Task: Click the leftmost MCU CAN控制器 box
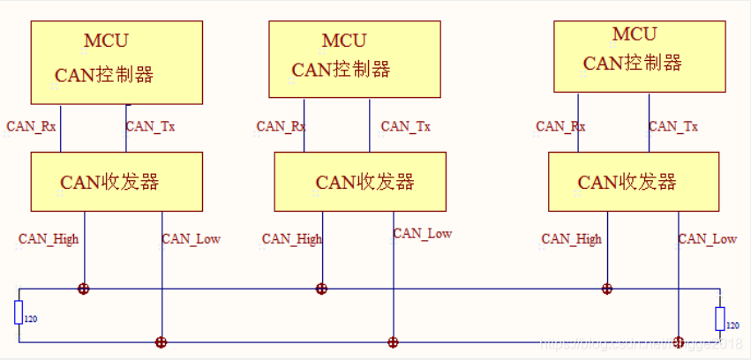pyautogui.click(x=116, y=61)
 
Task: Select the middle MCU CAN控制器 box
pyautogui.click(x=354, y=59)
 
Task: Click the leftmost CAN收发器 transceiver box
pyautogui.click(x=116, y=182)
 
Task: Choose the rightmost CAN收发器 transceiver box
pyautogui.click(x=634, y=182)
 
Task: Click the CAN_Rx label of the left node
pyautogui.click(x=32, y=126)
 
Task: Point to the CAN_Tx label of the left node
pyautogui.click(x=150, y=126)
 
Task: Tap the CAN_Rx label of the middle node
pyautogui.click(x=281, y=126)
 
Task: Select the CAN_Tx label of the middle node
pyautogui.click(x=405, y=126)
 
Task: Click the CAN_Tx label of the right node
pyautogui.click(x=673, y=126)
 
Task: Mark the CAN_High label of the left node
pyautogui.click(x=49, y=239)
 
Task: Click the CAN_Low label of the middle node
pyautogui.click(x=422, y=234)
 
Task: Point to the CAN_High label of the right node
pyautogui.click(x=571, y=239)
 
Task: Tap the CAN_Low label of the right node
pyautogui.click(x=707, y=239)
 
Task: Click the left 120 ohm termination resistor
pyautogui.click(x=19, y=312)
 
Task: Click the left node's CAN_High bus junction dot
pyautogui.click(x=84, y=289)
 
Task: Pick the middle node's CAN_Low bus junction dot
pyautogui.click(x=393, y=342)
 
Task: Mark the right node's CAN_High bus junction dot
pyautogui.click(x=607, y=289)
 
